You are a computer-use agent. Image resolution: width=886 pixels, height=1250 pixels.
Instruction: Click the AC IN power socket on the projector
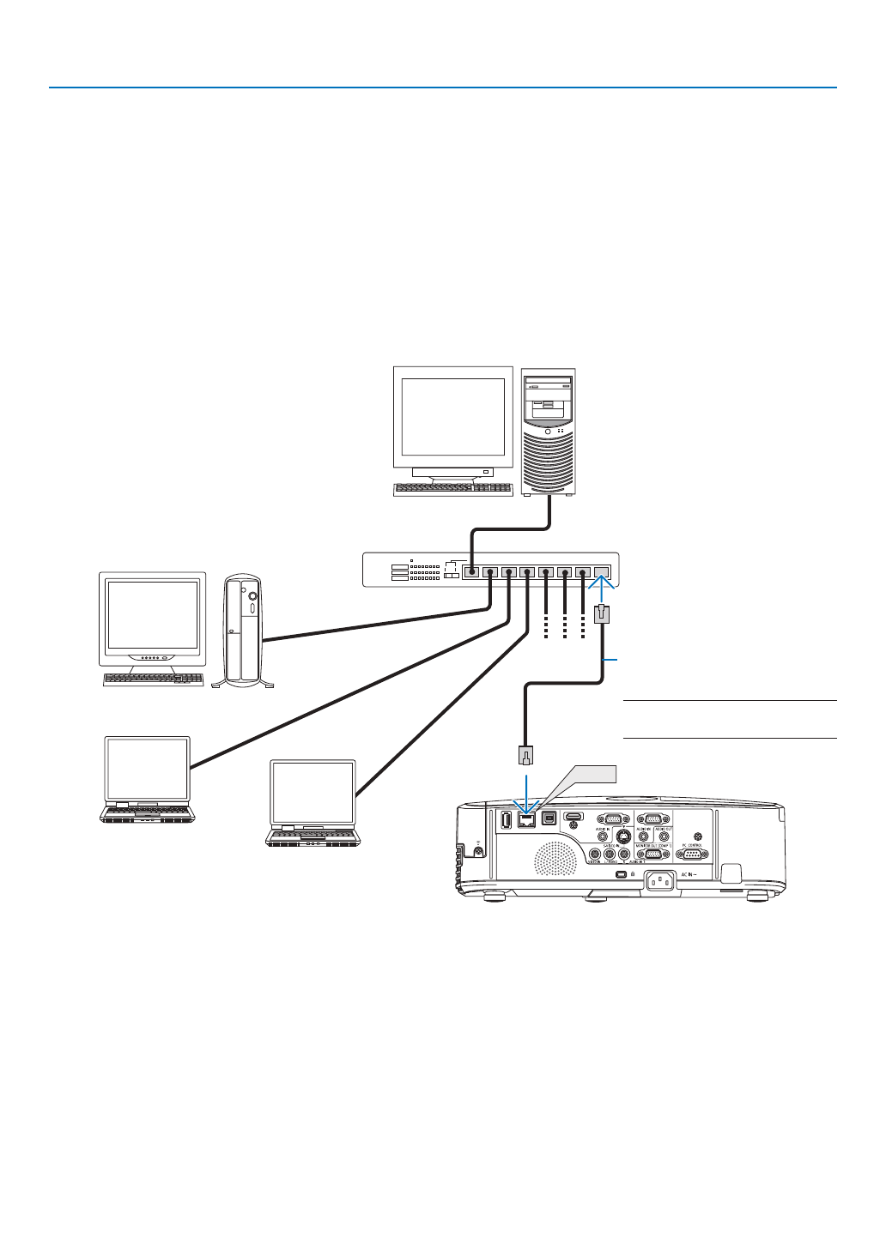tap(659, 880)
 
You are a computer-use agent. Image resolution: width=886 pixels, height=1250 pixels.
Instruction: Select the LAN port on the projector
tap(526, 820)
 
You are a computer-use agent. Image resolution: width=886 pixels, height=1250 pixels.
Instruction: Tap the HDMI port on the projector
tap(573, 816)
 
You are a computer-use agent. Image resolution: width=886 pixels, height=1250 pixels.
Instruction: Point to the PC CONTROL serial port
tap(692, 854)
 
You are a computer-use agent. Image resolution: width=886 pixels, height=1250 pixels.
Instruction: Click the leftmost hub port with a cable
tap(470, 571)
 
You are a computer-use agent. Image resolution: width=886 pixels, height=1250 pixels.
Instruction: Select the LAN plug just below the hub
tap(603, 614)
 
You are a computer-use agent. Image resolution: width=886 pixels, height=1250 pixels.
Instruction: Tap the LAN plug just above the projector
tap(526, 755)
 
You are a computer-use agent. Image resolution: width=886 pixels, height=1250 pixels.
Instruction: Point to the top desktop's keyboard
tap(452, 489)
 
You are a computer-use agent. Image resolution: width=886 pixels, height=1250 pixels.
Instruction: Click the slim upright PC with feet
tap(243, 630)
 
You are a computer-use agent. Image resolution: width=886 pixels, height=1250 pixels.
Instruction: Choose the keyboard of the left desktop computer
tap(153, 679)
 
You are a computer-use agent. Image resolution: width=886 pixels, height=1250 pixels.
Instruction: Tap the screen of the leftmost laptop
tap(147, 769)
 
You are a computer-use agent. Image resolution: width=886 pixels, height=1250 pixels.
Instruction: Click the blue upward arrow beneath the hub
tap(603, 591)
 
